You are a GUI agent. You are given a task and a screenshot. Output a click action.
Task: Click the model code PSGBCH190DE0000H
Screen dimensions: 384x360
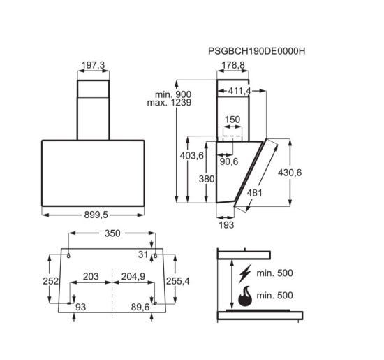tap(257, 51)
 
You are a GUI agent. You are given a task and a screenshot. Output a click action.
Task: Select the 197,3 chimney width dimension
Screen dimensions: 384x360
tap(93, 65)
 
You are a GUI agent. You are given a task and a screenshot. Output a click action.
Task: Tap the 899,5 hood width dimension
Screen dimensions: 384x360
tap(96, 215)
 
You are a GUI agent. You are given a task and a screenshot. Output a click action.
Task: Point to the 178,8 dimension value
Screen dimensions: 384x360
tap(233, 65)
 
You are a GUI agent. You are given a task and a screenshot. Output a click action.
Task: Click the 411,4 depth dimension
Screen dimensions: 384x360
tap(239, 91)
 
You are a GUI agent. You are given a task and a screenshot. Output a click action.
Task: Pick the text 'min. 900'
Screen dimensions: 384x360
tap(173, 94)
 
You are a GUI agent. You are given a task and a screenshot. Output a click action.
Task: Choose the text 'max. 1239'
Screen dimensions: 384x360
tap(169, 103)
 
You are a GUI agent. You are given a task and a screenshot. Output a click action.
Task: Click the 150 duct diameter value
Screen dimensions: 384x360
tap(232, 120)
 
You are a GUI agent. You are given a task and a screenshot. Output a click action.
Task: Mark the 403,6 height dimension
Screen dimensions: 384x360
tap(192, 155)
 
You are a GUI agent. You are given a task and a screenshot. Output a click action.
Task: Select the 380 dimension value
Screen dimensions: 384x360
tap(207, 179)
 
